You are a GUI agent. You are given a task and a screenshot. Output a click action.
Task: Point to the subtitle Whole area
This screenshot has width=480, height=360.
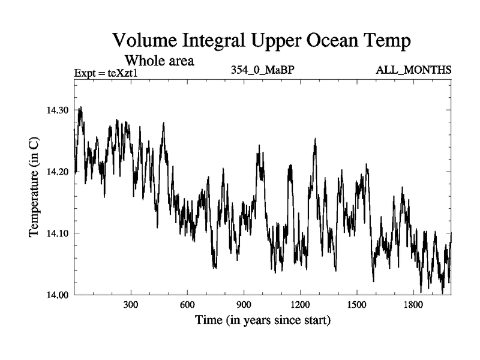(159, 61)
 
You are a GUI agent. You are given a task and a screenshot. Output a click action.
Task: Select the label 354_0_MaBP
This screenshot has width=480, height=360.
(263, 70)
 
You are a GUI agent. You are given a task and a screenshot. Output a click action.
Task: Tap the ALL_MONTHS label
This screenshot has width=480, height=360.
(413, 70)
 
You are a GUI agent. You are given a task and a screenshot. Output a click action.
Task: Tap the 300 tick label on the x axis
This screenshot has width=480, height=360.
(131, 305)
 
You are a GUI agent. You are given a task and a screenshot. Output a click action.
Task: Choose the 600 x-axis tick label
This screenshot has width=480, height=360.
(187, 305)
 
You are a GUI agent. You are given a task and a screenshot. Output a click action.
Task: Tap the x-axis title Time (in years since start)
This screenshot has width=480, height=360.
(263, 320)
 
